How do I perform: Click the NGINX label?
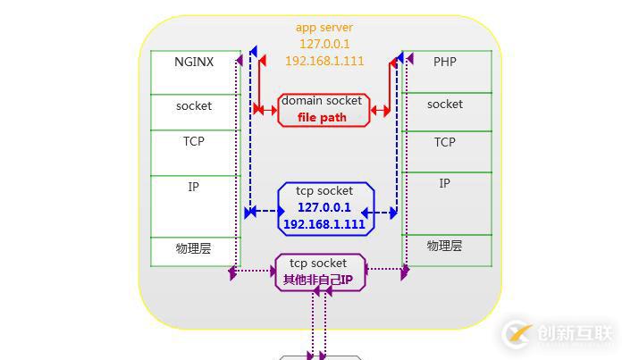(x=194, y=63)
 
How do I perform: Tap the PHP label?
(x=444, y=63)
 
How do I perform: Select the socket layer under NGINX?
(x=194, y=106)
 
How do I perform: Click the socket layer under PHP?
(x=445, y=105)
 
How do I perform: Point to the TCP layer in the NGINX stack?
(x=194, y=141)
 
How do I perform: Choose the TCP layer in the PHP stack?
(x=445, y=142)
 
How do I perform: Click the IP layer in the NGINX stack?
(x=194, y=188)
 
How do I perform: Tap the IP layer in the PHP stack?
(x=445, y=183)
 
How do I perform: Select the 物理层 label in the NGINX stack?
(x=194, y=249)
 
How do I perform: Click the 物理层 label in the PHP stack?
(x=445, y=246)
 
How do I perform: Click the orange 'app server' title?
(x=324, y=28)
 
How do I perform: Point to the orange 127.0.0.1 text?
(x=324, y=44)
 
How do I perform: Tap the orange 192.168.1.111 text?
(x=324, y=61)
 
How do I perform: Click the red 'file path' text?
(x=322, y=118)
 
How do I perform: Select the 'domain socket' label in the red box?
(x=322, y=101)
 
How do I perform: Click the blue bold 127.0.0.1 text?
(x=324, y=207)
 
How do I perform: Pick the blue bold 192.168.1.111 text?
(x=324, y=224)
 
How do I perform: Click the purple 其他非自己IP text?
(x=319, y=280)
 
